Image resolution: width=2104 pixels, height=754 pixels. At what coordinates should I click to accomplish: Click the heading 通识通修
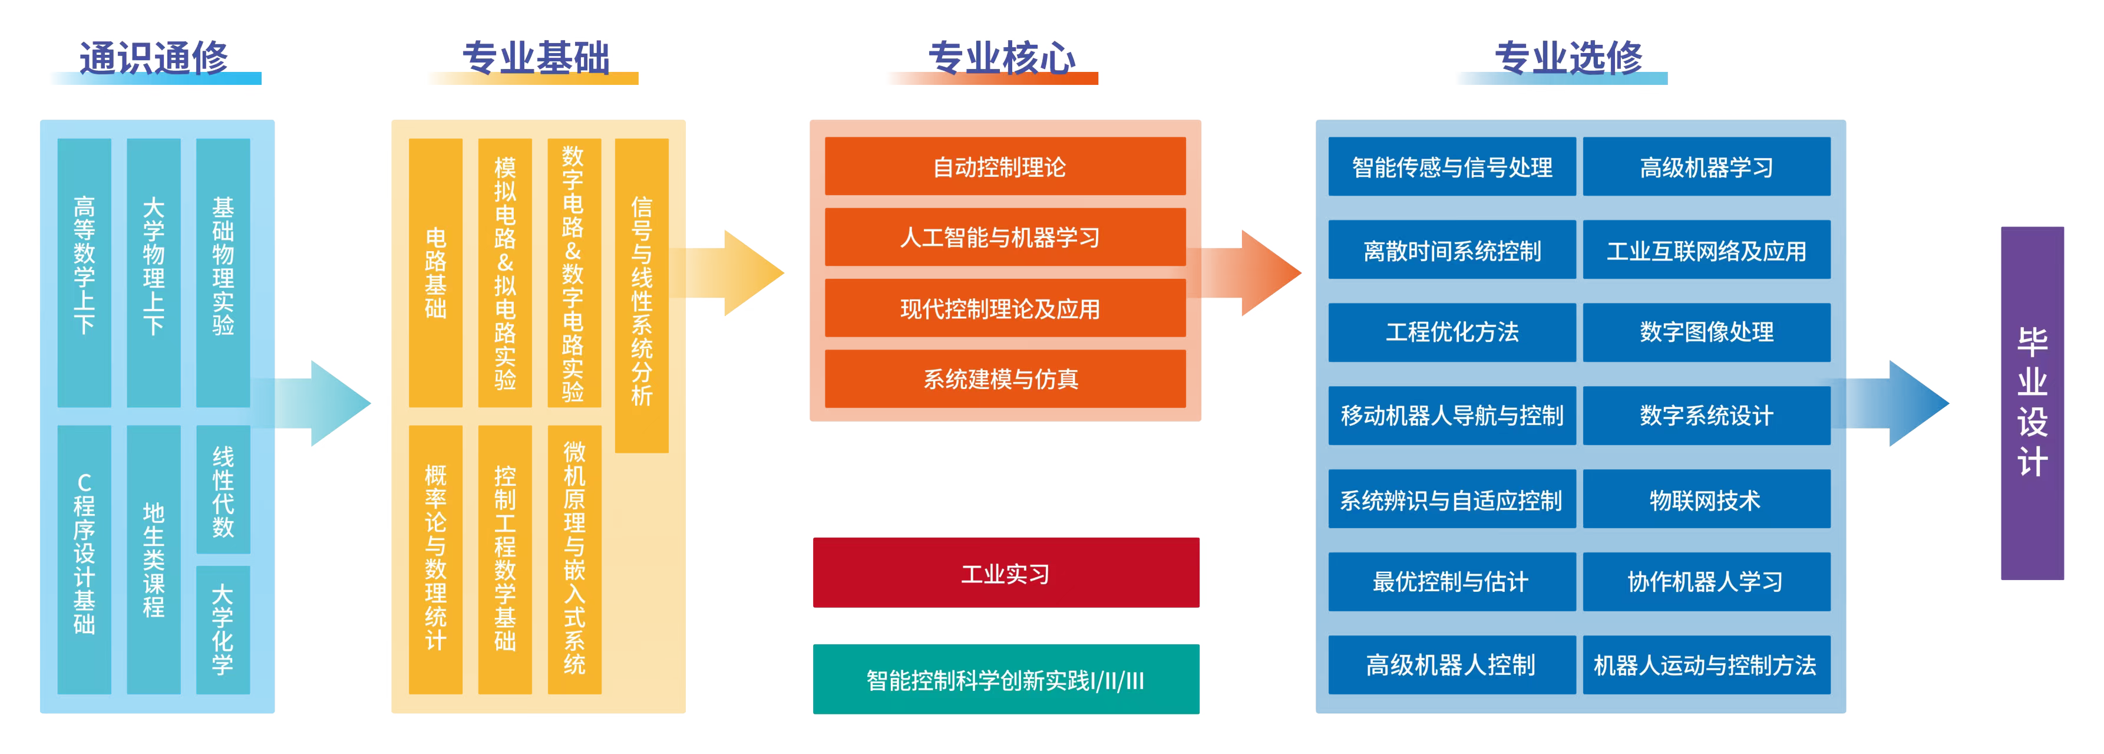[154, 59]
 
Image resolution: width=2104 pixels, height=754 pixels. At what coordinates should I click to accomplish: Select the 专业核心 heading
[1002, 59]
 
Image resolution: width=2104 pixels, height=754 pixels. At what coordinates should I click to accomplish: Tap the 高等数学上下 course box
[84, 272]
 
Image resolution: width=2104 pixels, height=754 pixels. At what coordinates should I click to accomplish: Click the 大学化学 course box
[222, 630]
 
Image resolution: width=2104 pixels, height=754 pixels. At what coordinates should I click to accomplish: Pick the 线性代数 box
[222, 490]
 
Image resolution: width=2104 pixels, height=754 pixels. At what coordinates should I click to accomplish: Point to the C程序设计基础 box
[84, 559]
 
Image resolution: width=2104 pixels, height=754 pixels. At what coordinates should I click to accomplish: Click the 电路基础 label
[435, 273]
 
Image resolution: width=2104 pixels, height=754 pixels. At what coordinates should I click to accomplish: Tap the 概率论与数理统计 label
[435, 557]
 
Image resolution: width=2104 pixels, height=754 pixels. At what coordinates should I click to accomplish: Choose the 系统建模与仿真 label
[1000, 379]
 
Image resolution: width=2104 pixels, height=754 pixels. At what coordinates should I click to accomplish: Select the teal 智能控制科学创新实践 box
[1005, 679]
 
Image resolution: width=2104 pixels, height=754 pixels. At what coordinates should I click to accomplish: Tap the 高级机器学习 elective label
[1706, 168]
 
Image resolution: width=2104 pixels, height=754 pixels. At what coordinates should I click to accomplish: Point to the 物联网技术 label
[1705, 500]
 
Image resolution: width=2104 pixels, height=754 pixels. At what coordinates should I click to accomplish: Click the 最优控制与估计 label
[1450, 582]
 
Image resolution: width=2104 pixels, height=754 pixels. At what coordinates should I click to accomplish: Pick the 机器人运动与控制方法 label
[1705, 665]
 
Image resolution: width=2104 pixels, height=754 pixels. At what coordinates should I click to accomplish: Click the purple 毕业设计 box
[2032, 403]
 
